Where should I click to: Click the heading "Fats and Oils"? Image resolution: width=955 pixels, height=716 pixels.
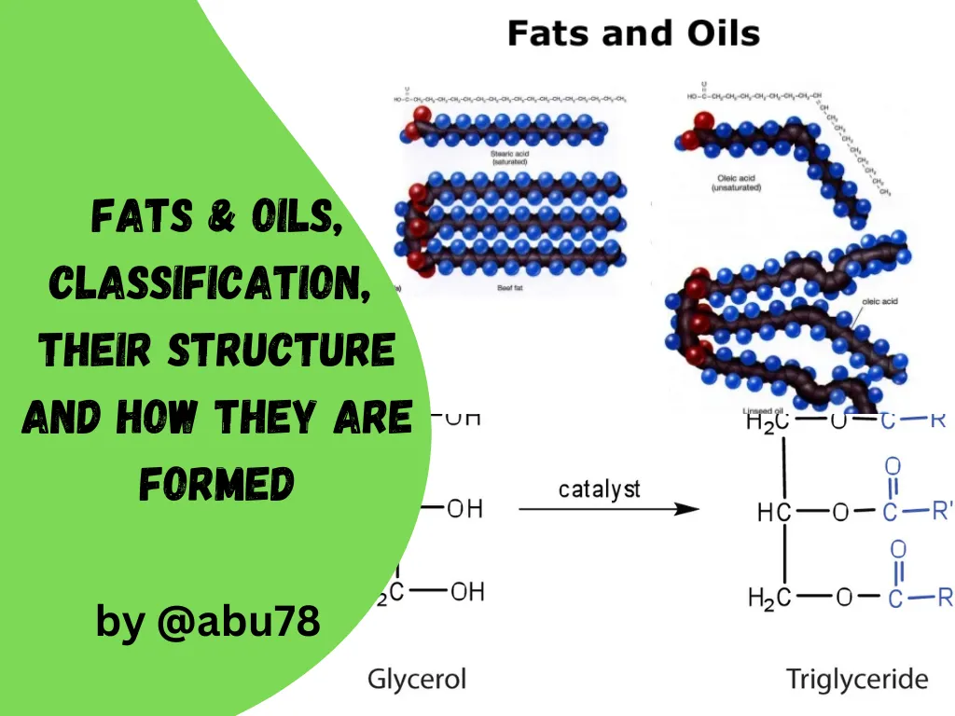point(633,34)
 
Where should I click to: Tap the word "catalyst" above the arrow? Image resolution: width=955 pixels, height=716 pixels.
point(599,489)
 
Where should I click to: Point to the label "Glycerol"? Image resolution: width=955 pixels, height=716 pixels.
point(416,678)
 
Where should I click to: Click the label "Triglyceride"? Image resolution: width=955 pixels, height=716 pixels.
point(857,678)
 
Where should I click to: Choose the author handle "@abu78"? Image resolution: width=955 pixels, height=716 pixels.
point(238,621)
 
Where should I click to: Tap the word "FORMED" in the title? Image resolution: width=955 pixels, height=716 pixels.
point(216,483)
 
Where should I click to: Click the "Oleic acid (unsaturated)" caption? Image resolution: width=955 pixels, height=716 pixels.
point(736,182)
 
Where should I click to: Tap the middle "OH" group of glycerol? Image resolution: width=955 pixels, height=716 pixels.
point(464,509)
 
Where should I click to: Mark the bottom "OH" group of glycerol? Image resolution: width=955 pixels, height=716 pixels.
point(467,593)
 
